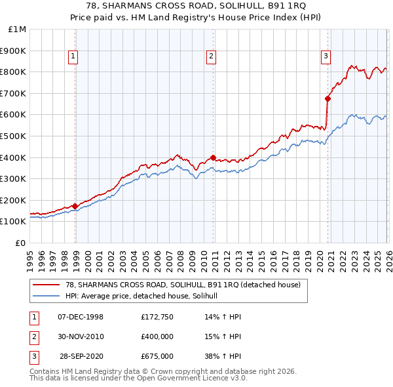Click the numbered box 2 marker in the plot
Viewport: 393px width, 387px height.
point(212,57)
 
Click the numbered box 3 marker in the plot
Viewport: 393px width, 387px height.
point(326,57)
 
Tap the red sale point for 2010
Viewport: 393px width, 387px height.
point(214,157)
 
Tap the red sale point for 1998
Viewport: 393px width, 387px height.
point(75,206)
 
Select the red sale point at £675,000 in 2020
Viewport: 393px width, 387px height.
point(327,98)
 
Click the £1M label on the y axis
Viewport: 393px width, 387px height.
point(18,29)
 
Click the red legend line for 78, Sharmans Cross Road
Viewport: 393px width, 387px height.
point(47,285)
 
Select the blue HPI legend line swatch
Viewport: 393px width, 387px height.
point(47,296)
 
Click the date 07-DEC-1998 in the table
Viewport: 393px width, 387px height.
point(81,317)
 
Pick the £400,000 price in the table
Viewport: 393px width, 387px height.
point(157,336)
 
